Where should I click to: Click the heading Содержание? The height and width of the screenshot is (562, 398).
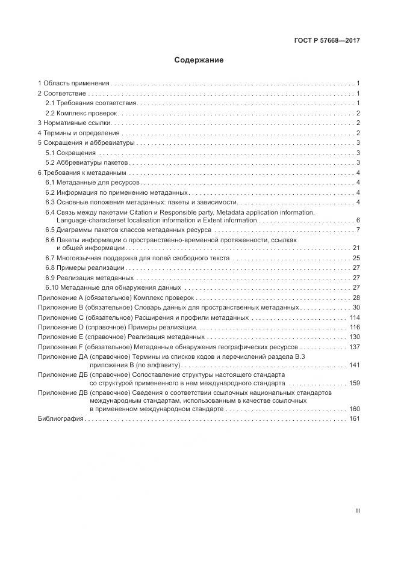tap(199, 60)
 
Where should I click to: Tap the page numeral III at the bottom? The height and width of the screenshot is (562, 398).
tap(357, 510)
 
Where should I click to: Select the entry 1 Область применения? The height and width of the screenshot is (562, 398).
tap(73, 84)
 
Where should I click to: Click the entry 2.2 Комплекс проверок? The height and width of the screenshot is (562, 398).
tap(82, 113)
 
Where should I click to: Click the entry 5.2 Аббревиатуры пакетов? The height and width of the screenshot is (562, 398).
tap(87, 162)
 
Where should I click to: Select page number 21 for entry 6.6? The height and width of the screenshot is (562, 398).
tap(356, 248)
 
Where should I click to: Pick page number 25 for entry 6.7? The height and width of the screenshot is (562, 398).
tap(356, 258)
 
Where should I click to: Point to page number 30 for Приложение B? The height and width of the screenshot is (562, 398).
tap(356, 307)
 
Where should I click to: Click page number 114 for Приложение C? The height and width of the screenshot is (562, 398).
tap(354, 317)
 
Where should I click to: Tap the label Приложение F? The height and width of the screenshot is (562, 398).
tap(60, 347)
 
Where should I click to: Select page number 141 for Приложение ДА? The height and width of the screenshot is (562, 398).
tap(354, 365)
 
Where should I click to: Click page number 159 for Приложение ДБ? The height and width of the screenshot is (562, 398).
tap(354, 383)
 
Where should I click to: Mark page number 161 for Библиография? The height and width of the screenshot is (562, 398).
tap(354, 418)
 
